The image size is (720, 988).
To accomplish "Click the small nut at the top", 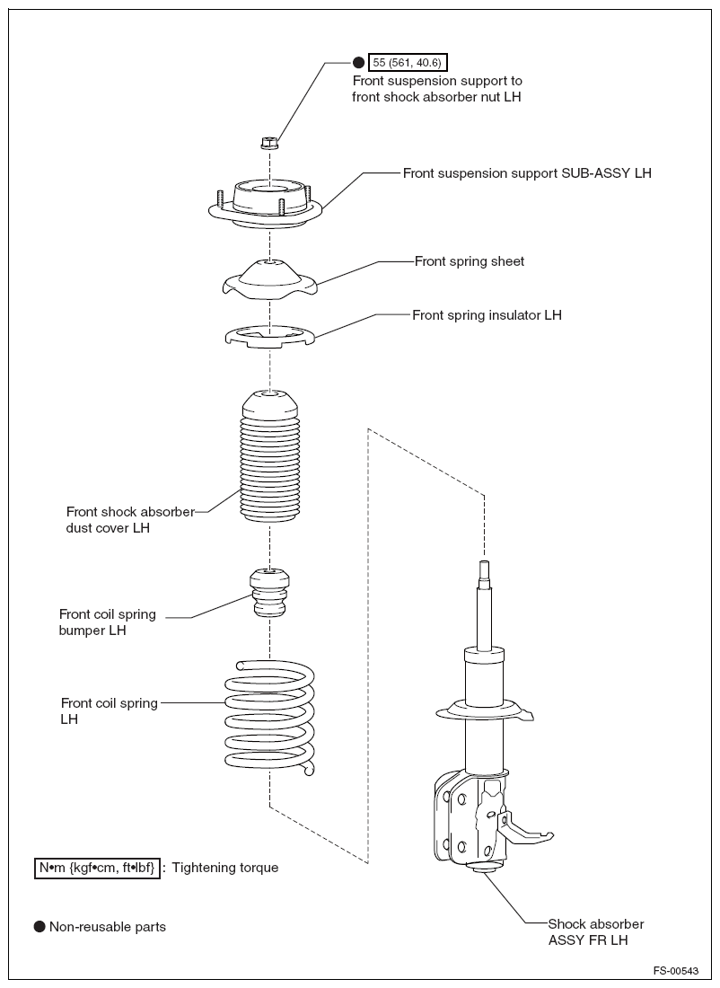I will point(269,142).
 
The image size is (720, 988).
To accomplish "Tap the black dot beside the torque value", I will point(358,62).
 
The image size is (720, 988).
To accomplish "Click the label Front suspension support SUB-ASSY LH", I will point(527,172).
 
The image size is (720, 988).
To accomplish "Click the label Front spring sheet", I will point(470,261).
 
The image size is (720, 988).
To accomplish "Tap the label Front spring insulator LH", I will point(487,315).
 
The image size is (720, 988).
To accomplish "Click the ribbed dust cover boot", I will point(270,458).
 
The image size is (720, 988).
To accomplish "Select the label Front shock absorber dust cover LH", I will point(129,520).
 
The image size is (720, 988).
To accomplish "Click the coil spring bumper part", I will point(269,593).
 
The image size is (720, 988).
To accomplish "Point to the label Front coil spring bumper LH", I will point(107,622).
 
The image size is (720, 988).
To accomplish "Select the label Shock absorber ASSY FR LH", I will point(596,931).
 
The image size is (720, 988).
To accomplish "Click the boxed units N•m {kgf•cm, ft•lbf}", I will point(97,868).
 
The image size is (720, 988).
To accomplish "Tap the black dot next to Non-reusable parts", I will point(40,926).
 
